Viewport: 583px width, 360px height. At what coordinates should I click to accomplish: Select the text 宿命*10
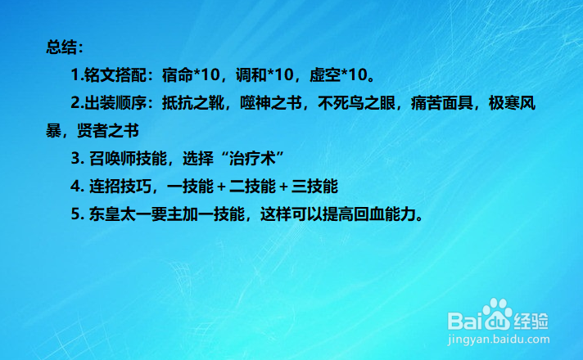point(192,76)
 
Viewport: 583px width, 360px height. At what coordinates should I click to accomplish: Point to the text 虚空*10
point(337,76)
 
